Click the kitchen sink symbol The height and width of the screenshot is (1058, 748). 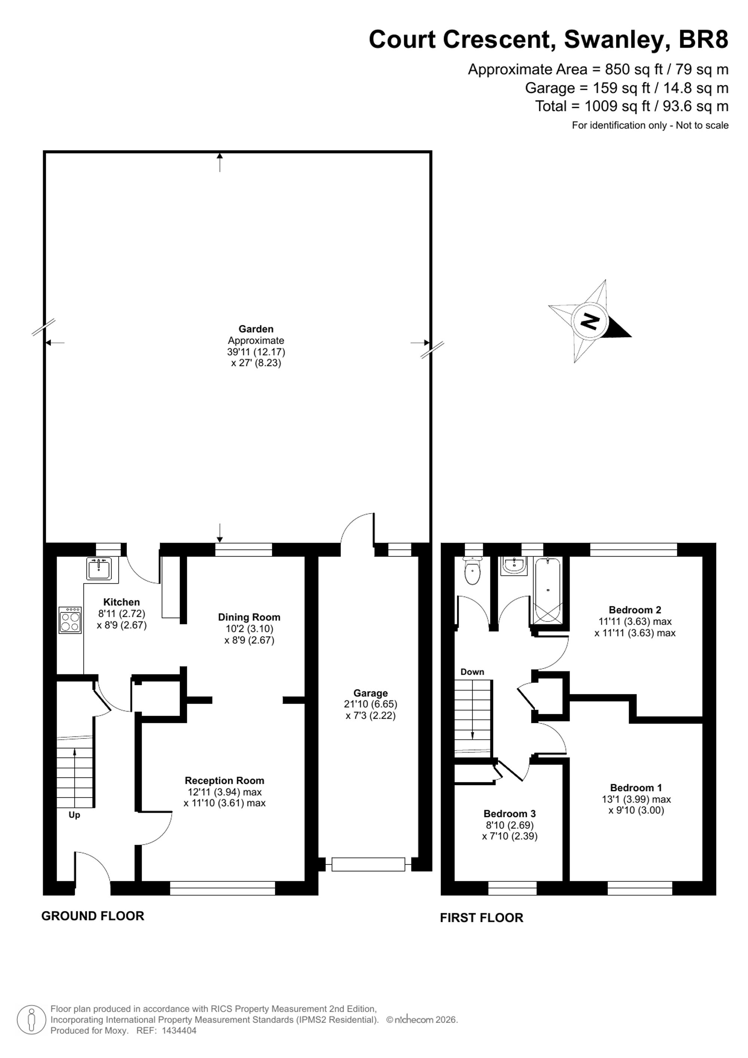click(99, 568)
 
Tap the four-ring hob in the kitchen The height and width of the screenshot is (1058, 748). click(70, 620)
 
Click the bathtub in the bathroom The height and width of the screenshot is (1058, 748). click(547, 590)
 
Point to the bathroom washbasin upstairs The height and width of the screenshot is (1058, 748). click(515, 566)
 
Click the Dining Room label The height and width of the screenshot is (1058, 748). click(249, 617)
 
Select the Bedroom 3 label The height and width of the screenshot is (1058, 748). click(510, 814)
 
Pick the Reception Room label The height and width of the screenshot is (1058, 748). click(225, 781)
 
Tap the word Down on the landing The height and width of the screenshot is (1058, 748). click(473, 672)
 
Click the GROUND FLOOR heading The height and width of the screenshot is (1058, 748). click(93, 916)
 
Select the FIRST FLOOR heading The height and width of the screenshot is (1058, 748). click(482, 918)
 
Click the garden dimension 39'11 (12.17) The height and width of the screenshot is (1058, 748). click(256, 352)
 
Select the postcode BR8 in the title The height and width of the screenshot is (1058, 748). click(704, 40)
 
